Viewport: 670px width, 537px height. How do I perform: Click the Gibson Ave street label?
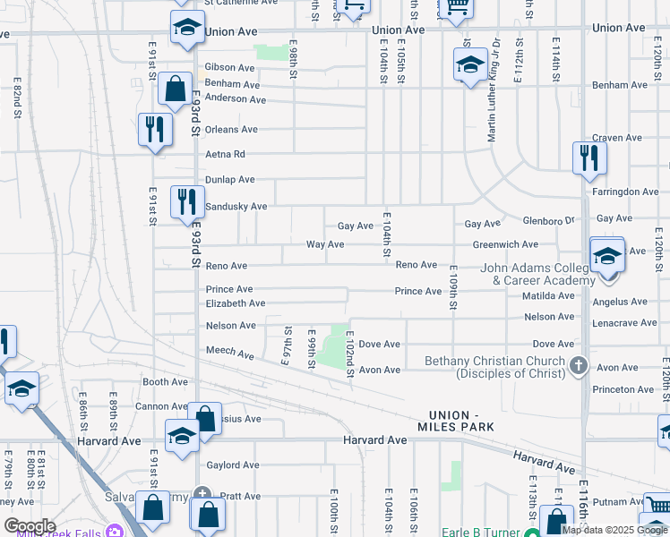[x=229, y=67]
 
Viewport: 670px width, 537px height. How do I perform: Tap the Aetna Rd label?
[x=225, y=154]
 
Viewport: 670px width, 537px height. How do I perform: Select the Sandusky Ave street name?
[x=236, y=207]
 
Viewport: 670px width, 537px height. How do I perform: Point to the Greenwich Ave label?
[x=505, y=244]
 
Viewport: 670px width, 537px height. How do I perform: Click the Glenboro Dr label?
[x=547, y=220]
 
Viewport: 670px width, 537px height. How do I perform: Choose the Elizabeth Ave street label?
[x=236, y=303]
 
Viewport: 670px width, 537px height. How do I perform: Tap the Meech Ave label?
[x=230, y=353]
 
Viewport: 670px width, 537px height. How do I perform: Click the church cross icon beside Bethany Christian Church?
[x=579, y=364]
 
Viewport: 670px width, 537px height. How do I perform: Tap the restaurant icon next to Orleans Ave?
[x=155, y=129]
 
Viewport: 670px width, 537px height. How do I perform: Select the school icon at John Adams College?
[x=606, y=257]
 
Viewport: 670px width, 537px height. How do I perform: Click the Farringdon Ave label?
[x=625, y=192]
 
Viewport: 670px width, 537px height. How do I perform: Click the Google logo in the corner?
[x=29, y=526]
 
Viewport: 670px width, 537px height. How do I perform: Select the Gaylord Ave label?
[x=232, y=465]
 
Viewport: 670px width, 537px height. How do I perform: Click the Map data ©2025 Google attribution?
[x=614, y=530]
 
